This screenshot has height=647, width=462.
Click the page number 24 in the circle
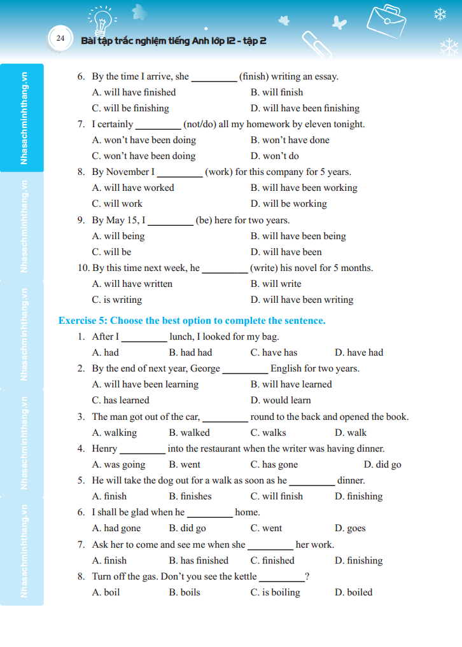60,38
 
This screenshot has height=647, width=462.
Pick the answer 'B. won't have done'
290,140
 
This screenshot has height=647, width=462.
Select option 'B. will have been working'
304,188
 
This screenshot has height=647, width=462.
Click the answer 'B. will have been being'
298,236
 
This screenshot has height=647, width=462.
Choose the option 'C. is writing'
117,300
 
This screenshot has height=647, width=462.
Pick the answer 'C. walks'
268,433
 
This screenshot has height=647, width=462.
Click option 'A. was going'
118,464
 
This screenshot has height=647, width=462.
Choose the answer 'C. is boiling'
275,592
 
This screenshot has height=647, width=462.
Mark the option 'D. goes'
350,528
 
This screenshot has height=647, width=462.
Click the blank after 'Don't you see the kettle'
281,578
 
